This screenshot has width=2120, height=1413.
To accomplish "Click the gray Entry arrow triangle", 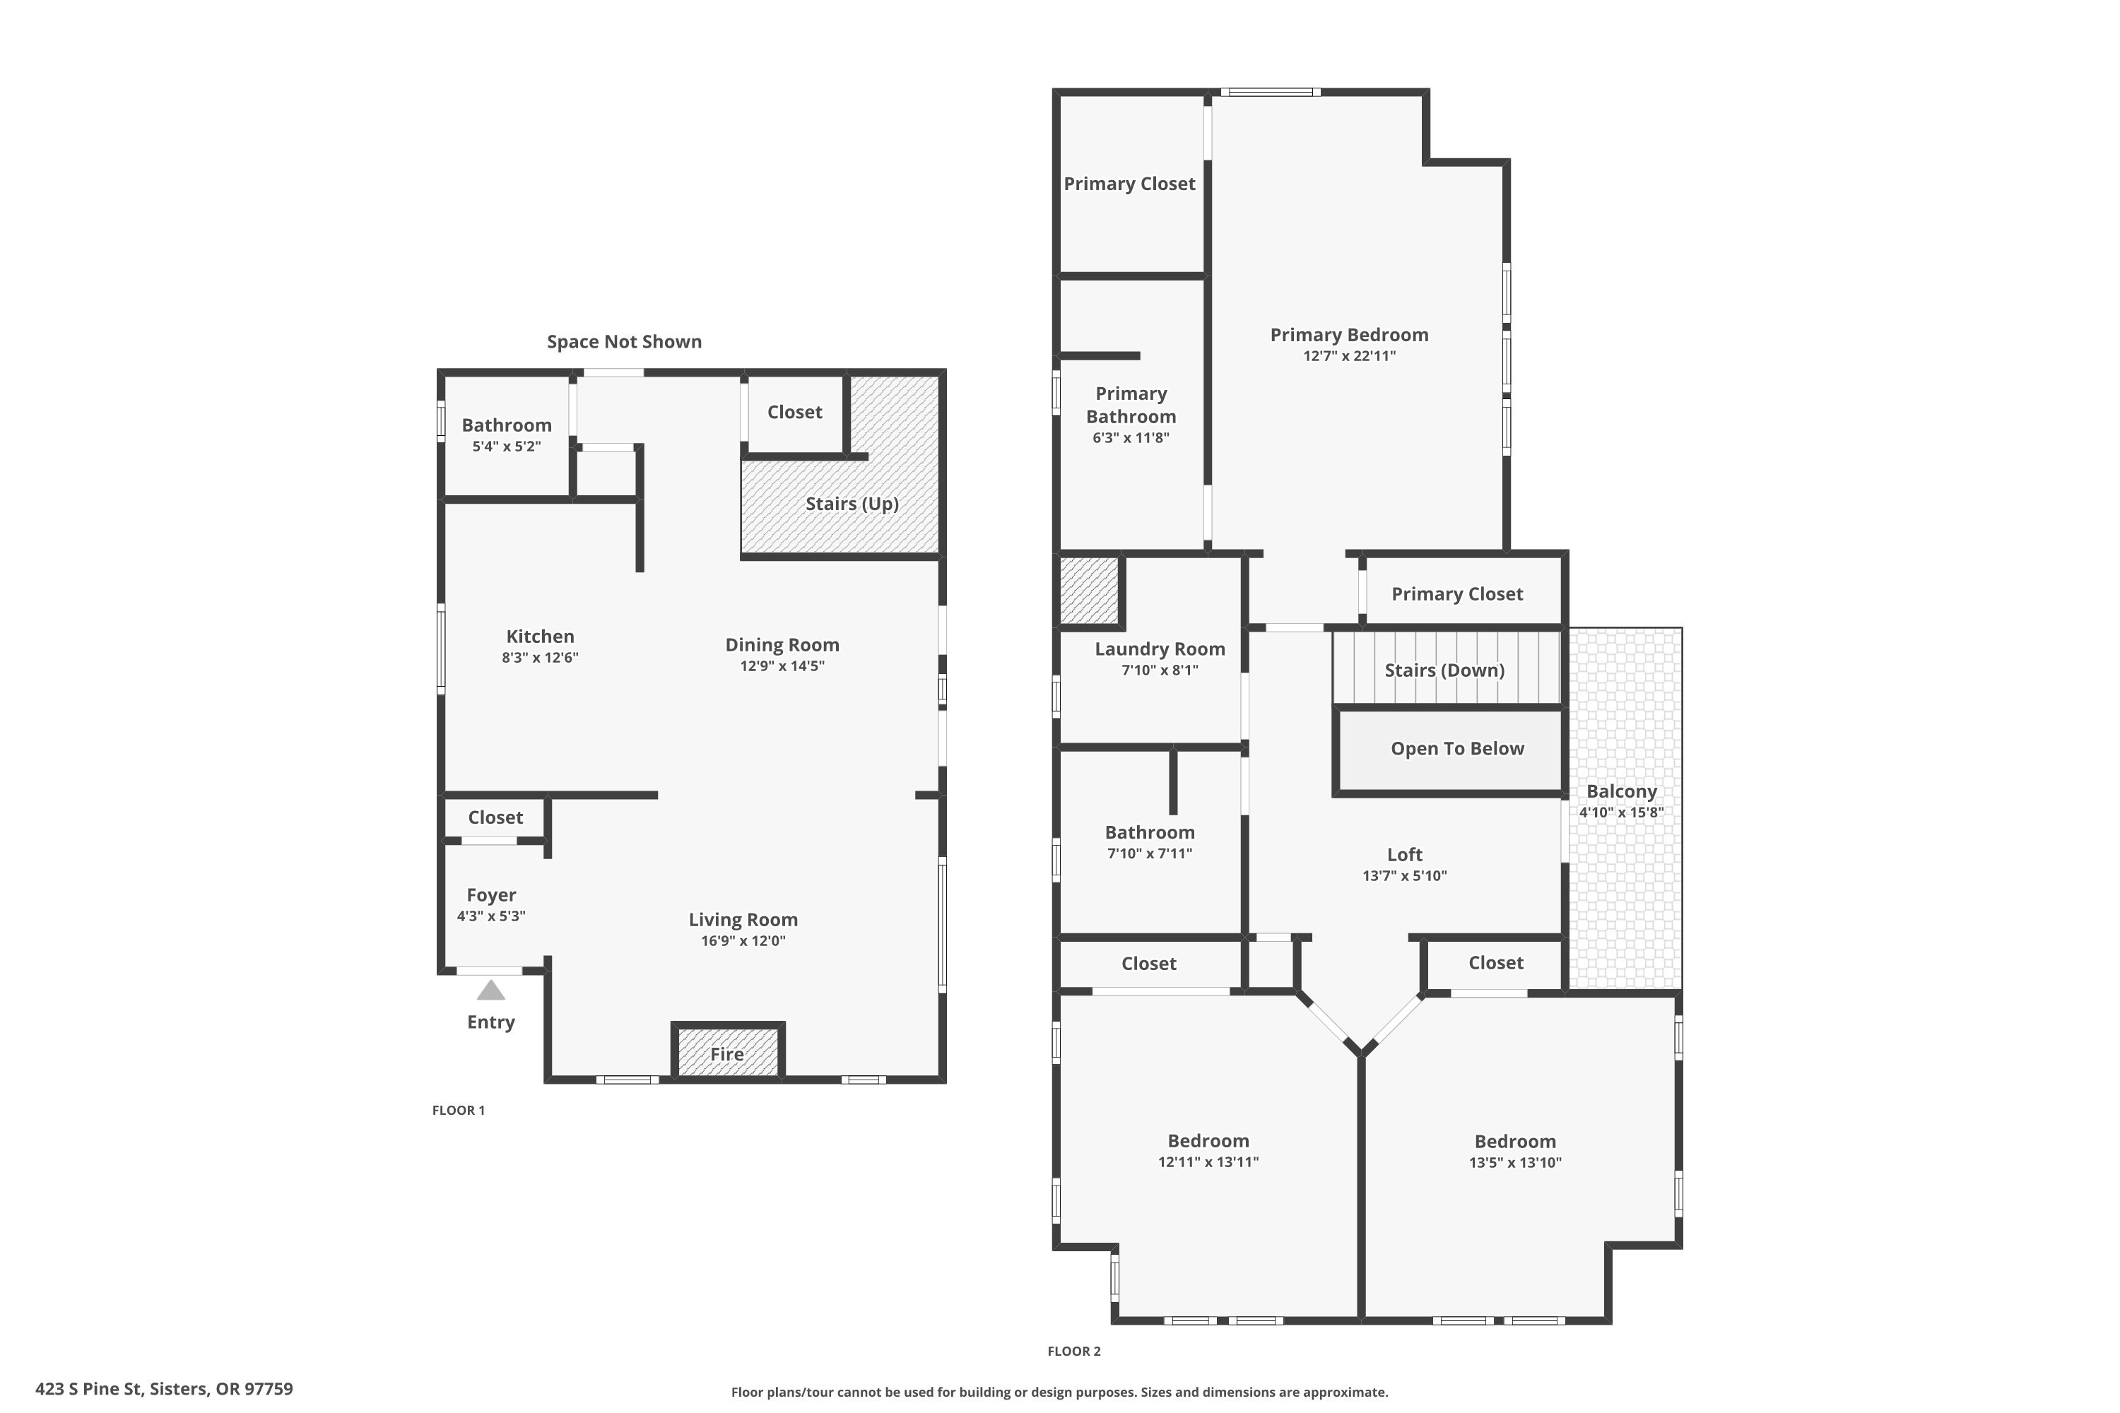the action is (490, 991).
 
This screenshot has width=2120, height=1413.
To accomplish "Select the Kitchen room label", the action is (540, 637).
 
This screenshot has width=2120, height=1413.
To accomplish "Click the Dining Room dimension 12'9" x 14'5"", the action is (782, 666).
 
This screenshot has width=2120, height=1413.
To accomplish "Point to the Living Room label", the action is (743, 919).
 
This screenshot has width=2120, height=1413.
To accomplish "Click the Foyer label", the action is (491, 895).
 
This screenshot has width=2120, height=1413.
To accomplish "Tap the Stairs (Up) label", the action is (852, 504).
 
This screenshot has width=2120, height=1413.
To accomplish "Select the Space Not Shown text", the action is (624, 341).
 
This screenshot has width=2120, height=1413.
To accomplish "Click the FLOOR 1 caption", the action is (458, 1110).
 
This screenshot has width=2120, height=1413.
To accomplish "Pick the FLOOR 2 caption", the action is (1073, 1351).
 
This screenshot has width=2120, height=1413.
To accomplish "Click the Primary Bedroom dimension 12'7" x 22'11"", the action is (1348, 356).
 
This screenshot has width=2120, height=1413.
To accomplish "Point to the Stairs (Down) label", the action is (1444, 670).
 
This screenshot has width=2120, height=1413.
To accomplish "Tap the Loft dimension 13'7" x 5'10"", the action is (1404, 876).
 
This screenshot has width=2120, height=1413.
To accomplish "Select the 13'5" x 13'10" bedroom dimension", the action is (1514, 1162).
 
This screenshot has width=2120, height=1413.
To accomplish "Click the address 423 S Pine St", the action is (88, 1389).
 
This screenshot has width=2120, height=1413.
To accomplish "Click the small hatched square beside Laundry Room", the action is (1089, 590).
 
